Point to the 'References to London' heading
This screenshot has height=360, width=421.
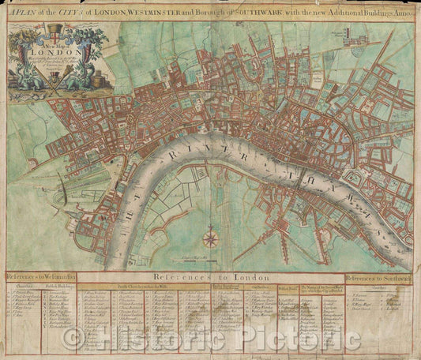211,277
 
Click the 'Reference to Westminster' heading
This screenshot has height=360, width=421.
39,277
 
